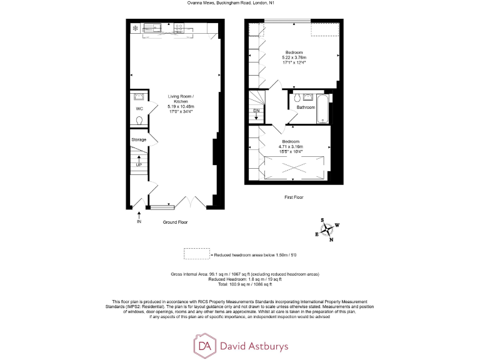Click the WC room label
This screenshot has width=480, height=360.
[x=139, y=109]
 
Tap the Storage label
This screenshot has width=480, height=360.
[x=139, y=139]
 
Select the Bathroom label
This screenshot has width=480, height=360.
[x=306, y=107]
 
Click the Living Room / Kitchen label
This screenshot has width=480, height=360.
[x=181, y=96]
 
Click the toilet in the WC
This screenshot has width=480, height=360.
[x=139, y=121]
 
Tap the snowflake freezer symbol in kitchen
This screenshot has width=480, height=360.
[x=134, y=28]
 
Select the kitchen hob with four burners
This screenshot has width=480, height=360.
[x=179, y=27]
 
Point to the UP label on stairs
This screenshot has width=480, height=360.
[x=139, y=164]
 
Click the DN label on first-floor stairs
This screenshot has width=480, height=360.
[x=256, y=111]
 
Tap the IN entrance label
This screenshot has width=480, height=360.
[x=139, y=221]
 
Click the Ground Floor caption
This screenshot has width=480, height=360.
[x=175, y=222]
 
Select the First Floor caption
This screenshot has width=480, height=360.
[x=293, y=197]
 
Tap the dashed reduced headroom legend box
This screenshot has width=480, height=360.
[x=196, y=254]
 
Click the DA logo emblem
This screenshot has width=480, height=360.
[x=205, y=346]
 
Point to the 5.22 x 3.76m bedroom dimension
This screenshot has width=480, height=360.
[x=294, y=57]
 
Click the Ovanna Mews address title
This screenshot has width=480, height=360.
[x=239, y=3]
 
